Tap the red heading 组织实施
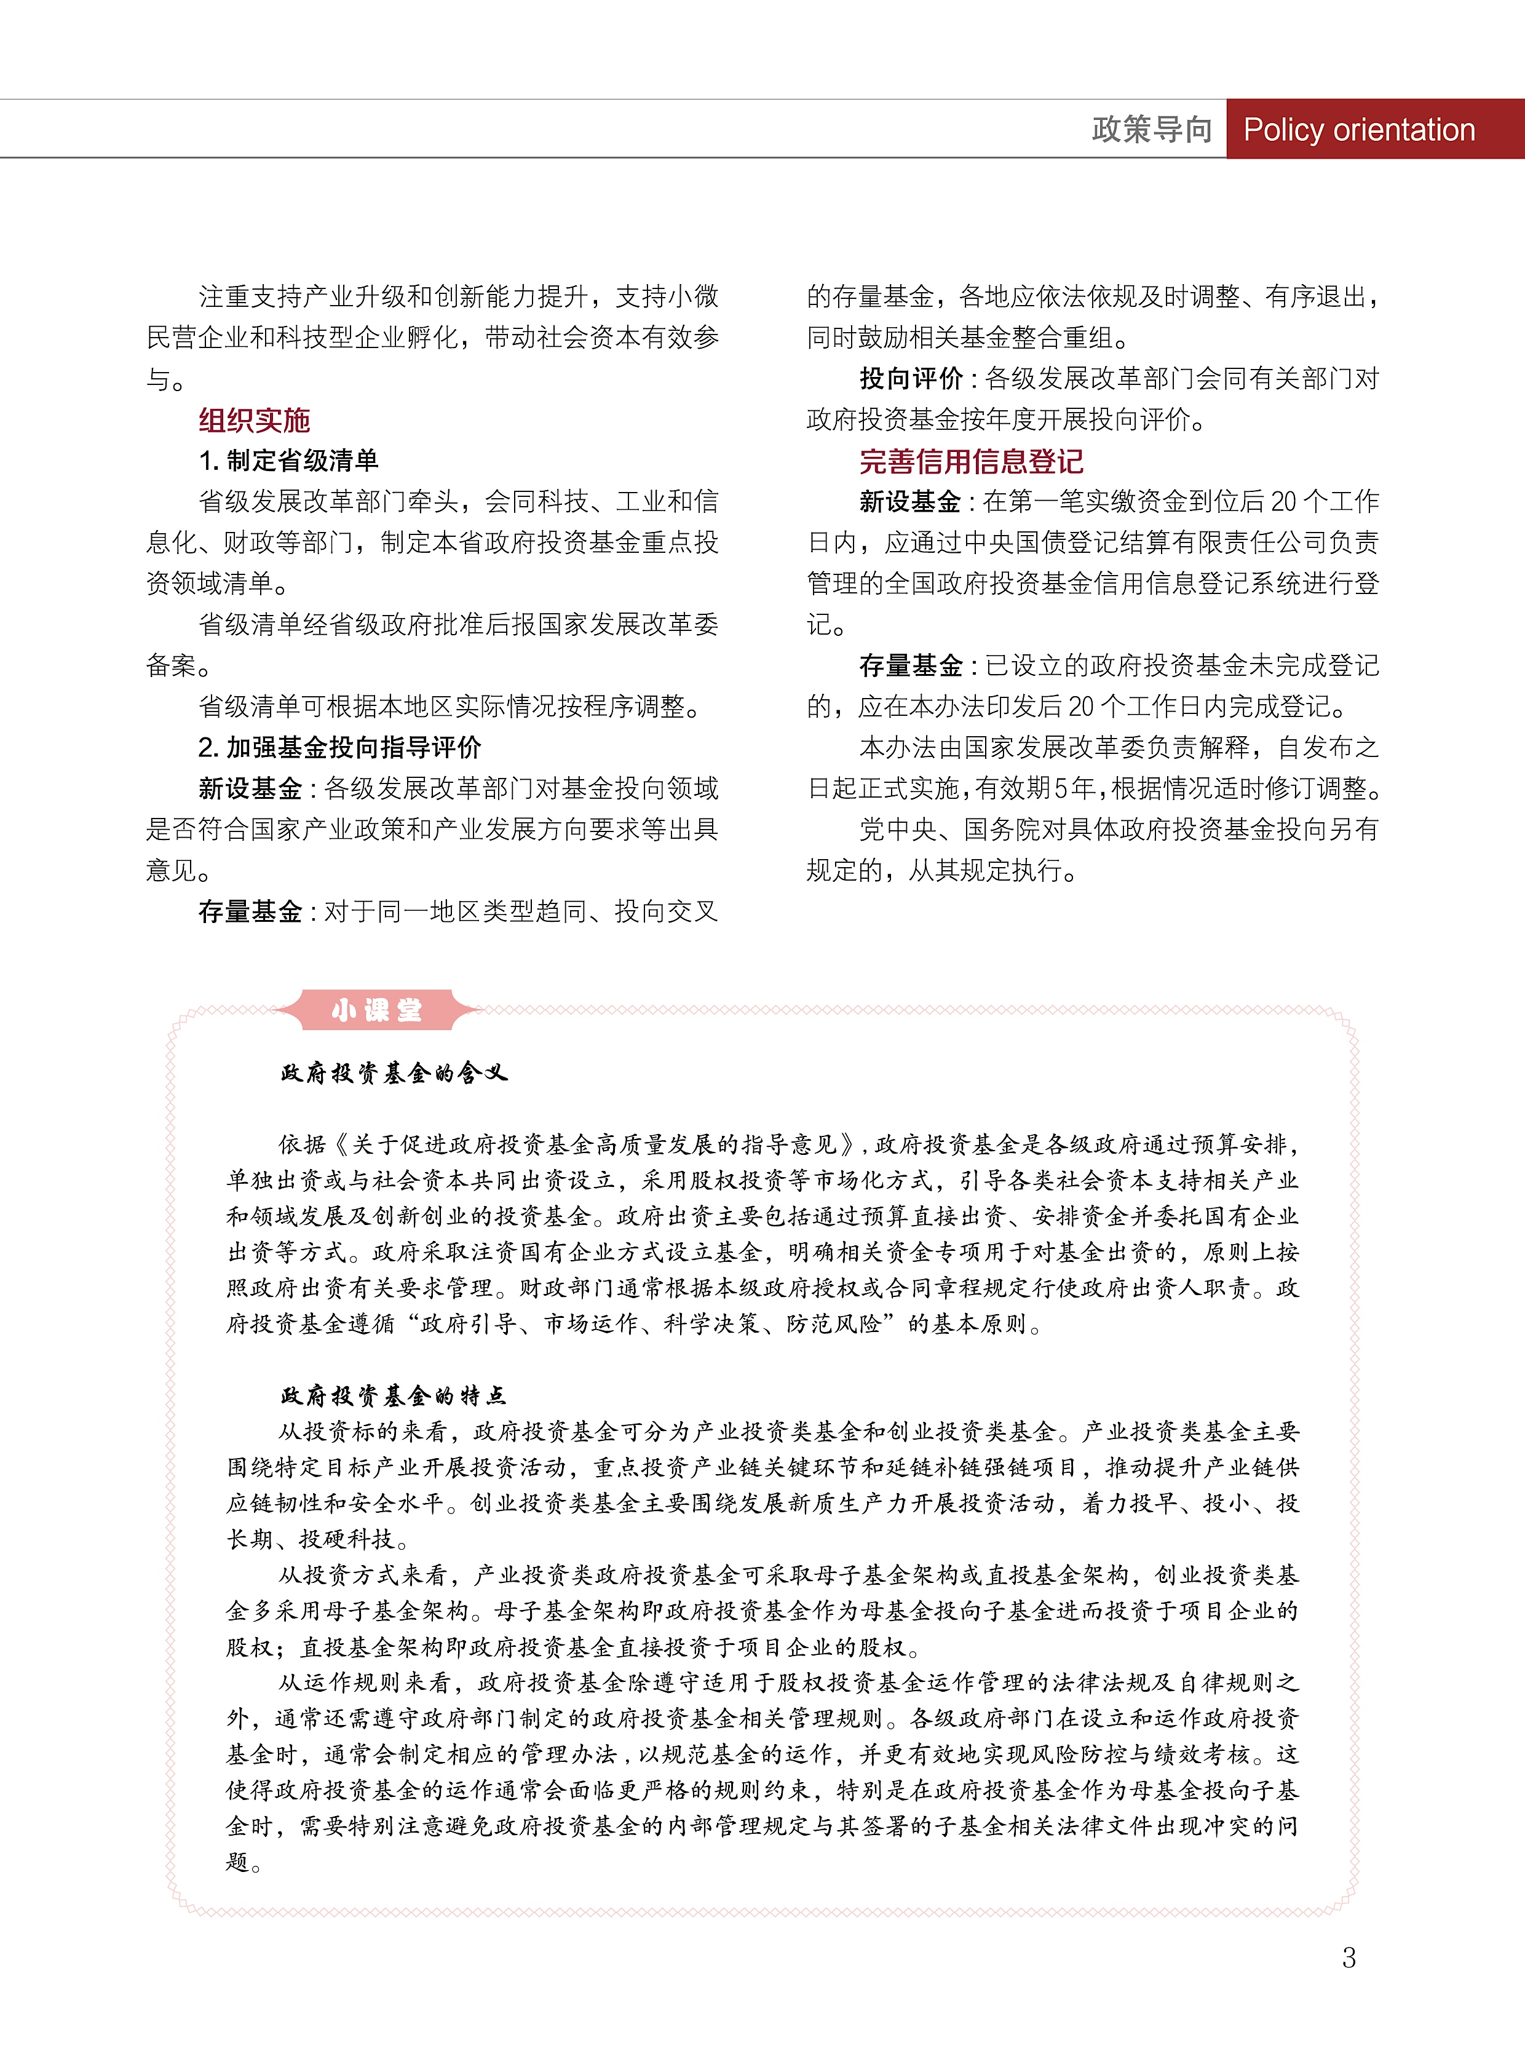click(254, 421)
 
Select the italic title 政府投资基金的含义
click(394, 1073)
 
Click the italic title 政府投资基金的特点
click(394, 1395)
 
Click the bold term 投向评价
click(911, 379)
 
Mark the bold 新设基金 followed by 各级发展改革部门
click(250, 788)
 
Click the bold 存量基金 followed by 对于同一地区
click(250, 912)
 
